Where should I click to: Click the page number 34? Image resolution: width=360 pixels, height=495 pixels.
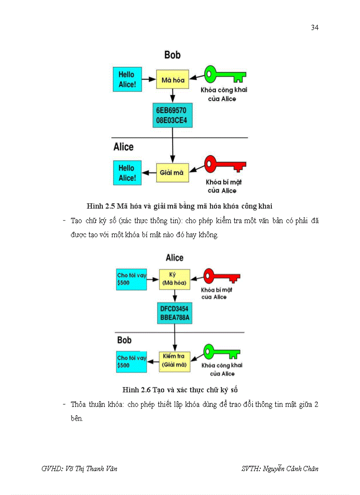tap(315, 28)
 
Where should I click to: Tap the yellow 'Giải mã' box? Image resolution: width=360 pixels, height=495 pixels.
tap(172, 173)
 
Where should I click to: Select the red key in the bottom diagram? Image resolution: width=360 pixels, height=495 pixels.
tap(221, 277)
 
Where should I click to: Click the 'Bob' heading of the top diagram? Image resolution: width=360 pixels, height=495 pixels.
tap(172, 55)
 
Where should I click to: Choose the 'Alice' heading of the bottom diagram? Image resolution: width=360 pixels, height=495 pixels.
tap(174, 257)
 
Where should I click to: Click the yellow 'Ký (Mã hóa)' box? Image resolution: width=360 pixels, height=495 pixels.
tap(174, 279)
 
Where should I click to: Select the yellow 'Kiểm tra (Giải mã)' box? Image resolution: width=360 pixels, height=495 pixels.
tap(174, 361)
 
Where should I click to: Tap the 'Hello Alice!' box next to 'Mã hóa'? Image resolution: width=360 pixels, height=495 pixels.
tap(127, 80)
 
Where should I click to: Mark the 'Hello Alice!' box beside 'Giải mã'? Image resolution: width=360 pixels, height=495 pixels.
tap(127, 173)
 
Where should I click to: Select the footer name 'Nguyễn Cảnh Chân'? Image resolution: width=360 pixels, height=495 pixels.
tap(290, 469)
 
